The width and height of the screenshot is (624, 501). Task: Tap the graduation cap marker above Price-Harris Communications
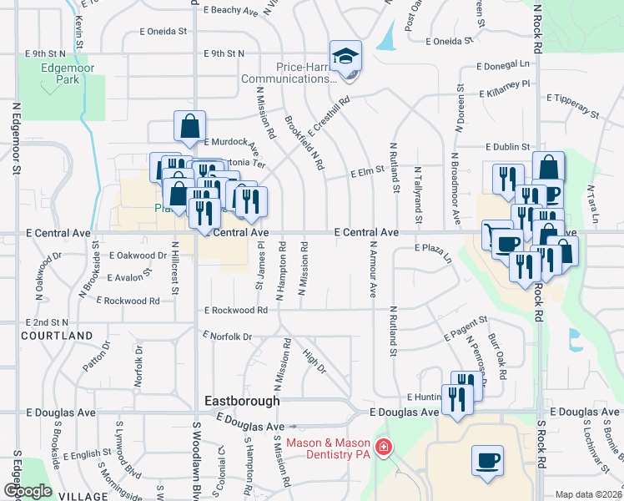(x=345, y=56)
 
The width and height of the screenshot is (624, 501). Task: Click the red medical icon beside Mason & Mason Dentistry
(x=384, y=448)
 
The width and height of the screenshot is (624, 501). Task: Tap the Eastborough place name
(x=242, y=402)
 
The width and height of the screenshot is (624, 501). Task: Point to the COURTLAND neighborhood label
(x=58, y=336)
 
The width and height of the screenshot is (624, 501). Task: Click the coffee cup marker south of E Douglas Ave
(x=487, y=460)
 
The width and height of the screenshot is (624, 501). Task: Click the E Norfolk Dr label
(x=227, y=337)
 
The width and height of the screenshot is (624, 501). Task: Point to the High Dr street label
(x=315, y=362)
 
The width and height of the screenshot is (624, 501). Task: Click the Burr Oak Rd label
(x=497, y=357)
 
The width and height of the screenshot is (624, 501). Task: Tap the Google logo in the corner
(x=28, y=491)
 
